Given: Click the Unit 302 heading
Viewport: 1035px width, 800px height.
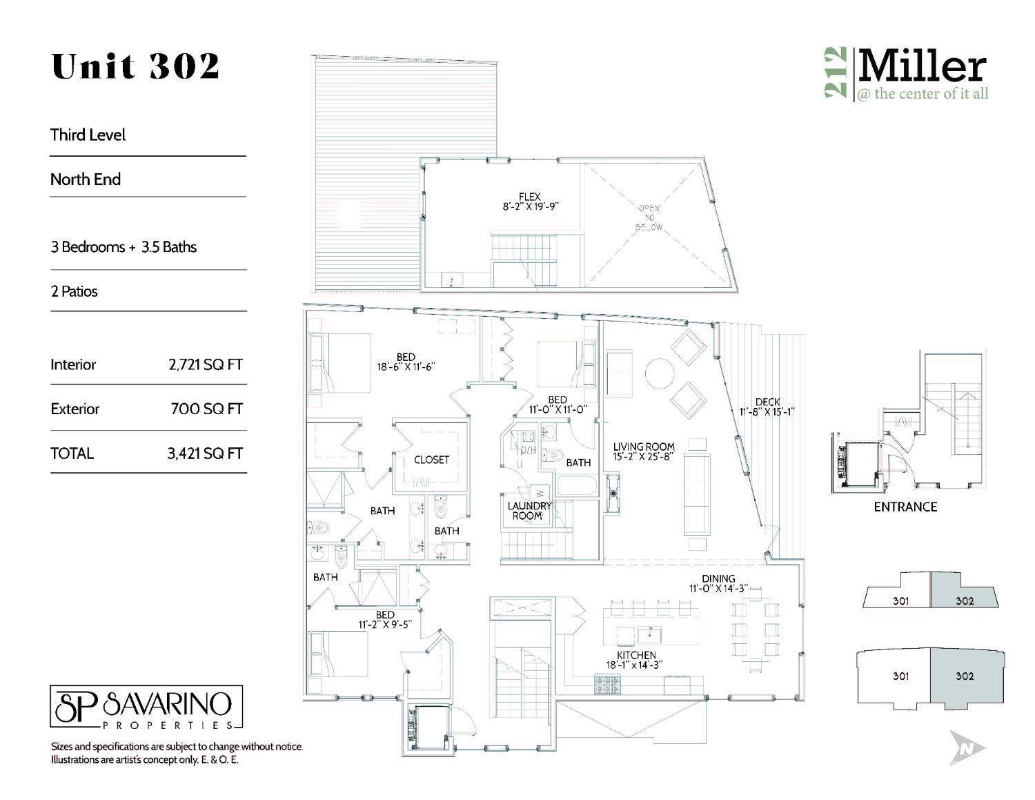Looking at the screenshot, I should [x=135, y=67].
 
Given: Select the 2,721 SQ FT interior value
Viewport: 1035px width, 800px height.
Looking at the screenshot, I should [x=205, y=364].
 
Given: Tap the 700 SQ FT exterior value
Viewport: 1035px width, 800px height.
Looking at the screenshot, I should [x=206, y=409].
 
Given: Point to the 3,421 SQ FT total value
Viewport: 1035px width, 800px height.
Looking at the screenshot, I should [x=205, y=453].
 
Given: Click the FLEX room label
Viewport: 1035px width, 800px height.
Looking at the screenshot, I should [x=530, y=197].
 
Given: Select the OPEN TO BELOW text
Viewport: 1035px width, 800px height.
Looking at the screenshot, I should [x=649, y=217].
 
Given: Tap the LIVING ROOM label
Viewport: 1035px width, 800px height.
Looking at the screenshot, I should [x=643, y=447].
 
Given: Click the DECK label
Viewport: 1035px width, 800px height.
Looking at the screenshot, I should [x=767, y=402].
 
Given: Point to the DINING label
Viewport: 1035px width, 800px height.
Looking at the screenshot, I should [x=718, y=578].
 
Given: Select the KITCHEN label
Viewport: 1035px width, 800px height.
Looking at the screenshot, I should [x=636, y=654].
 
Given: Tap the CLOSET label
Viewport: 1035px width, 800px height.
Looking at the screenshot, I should [x=431, y=460].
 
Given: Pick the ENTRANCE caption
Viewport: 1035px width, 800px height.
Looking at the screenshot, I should [x=905, y=507].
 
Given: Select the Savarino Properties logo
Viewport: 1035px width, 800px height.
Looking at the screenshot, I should [x=146, y=708].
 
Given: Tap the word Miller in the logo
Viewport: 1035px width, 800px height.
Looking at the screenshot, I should [x=921, y=68].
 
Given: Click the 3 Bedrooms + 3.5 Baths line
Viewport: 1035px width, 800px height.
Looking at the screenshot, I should [x=124, y=247].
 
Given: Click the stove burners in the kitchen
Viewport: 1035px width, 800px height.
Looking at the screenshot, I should [x=607, y=685].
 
